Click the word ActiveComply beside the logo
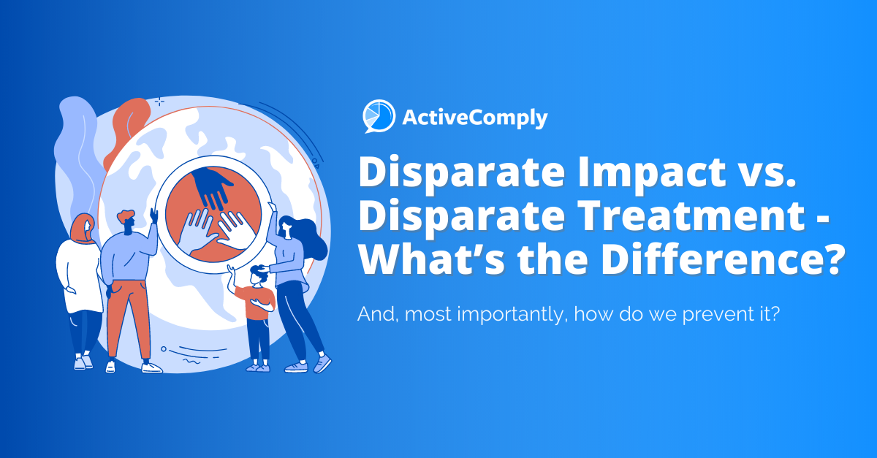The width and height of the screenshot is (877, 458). click(x=474, y=118)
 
